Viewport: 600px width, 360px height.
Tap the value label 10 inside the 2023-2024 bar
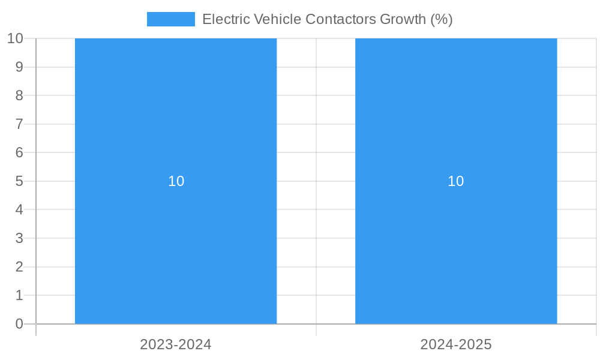point(176,181)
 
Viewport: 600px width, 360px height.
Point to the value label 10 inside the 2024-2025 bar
point(456,181)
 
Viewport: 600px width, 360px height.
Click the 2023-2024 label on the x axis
point(176,344)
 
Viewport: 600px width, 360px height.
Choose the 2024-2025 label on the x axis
point(456,344)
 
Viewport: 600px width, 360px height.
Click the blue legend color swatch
point(171,19)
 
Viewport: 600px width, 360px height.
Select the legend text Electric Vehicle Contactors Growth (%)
point(327,19)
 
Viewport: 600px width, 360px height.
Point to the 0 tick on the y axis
point(19,324)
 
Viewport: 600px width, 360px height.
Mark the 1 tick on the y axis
point(19,295)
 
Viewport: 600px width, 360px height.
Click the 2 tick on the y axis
point(19,267)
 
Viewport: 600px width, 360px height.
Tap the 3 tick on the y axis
point(19,238)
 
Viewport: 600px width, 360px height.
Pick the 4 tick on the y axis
point(19,210)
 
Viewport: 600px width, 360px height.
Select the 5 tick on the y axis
point(19,181)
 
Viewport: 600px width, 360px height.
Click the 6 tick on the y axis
point(19,152)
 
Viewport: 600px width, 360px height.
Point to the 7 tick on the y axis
point(19,124)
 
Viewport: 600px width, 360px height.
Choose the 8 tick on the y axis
point(19,95)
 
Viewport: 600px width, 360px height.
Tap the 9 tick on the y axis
point(19,67)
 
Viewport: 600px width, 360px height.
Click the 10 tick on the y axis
point(15,38)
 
